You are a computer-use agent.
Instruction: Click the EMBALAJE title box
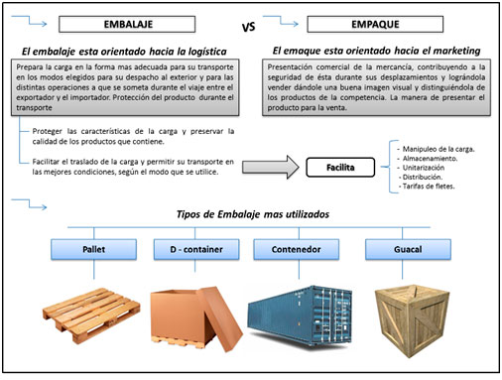tap(127, 25)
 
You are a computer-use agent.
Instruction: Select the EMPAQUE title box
tap(375, 25)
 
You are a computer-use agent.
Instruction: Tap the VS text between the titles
tap(248, 27)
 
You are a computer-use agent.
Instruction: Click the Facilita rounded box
tap(340, 168)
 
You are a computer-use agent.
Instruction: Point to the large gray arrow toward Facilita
tap(271, 167)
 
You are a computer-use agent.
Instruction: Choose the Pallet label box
tap(93, 249)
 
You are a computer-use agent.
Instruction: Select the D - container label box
tap(196, 249)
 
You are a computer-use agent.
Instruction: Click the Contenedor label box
tap(297, 249)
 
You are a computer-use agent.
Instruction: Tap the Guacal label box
tap(408, 249)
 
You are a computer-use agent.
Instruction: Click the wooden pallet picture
tap(91, 316)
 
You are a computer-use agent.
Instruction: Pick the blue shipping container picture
tap(300, 317)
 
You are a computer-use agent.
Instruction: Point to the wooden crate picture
tap(412, 320)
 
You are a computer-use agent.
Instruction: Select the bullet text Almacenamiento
tap(430, 159)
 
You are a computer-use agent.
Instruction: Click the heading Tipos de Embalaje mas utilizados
tap(253, 214)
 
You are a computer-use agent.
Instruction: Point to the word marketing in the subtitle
tap(456, 51)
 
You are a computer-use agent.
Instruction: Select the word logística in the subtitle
tap(207, 52)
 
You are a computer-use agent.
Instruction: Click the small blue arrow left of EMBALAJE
tap(29, 20)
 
